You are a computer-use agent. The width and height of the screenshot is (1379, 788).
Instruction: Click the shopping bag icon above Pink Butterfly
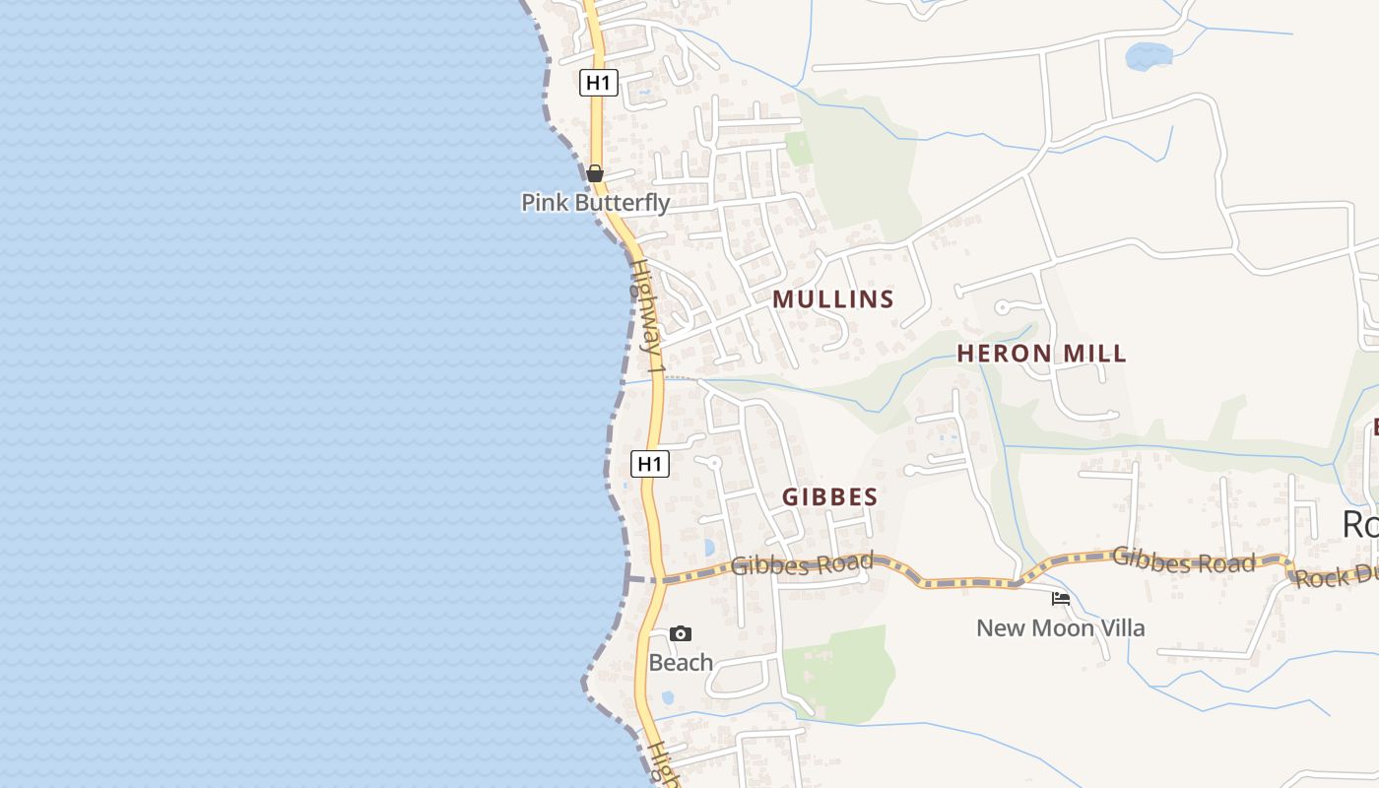pos(595,173)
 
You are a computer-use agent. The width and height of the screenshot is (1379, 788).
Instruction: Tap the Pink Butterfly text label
pos(595,203)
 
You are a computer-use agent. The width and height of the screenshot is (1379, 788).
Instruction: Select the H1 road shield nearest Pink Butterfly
pos(598,83)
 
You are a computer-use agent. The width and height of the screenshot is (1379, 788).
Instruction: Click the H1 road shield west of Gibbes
pos(650,464)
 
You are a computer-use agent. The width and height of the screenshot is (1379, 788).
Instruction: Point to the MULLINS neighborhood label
pos(833,299)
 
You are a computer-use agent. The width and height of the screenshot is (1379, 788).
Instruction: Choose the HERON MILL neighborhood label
pos(1042,354)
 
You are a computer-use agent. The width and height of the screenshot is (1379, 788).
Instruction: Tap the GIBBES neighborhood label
pos(829,497)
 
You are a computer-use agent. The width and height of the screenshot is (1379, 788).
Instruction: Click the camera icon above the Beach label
pos(681,633)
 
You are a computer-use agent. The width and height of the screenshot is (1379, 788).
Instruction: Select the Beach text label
pos(681,663)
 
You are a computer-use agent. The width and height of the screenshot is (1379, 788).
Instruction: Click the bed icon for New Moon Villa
pos(1061,598)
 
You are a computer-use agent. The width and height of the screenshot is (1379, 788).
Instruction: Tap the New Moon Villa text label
pos(1061,627)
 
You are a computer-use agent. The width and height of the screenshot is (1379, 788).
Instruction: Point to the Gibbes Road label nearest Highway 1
pos(803,564)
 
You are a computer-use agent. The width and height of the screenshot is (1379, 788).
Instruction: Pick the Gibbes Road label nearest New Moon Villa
pos(1183,560)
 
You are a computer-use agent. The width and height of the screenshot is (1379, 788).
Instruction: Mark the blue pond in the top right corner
pos(1149,55)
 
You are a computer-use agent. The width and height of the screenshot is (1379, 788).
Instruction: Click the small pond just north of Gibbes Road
pos(709,548)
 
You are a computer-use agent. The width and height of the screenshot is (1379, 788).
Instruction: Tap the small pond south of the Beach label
pos(668,697)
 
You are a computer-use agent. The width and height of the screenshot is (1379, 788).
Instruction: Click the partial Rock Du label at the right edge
pos(1337,577)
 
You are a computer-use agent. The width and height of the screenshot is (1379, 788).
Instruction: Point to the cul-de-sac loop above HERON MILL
pos(1003,307)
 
